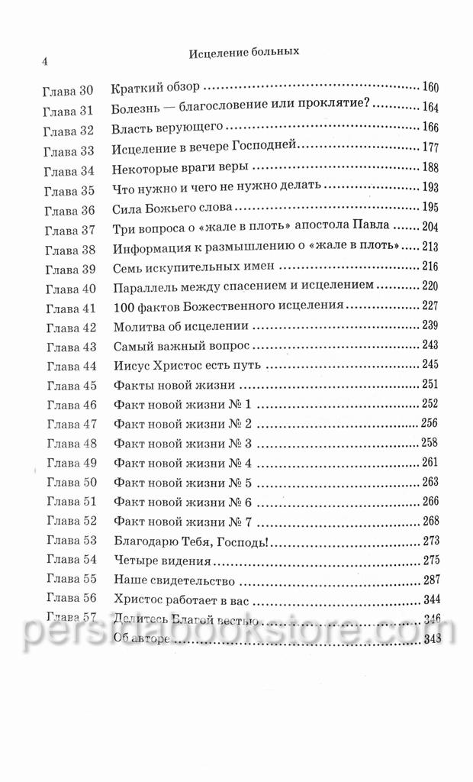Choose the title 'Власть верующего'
pos(166,127)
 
